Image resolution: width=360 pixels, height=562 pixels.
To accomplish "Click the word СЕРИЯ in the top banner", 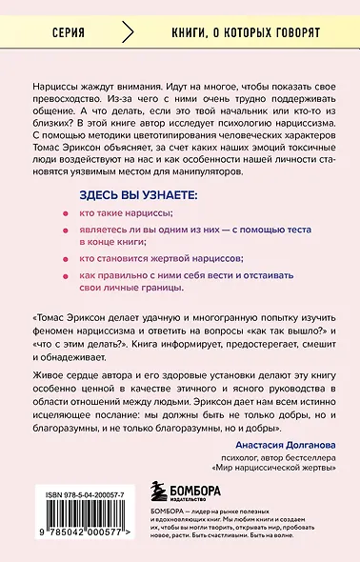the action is pos(69,32).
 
